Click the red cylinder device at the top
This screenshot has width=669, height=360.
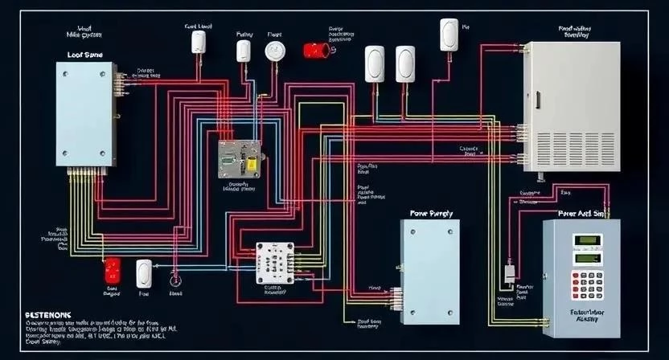(x=316, y=50)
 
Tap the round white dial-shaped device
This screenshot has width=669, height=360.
(x=275, y=51)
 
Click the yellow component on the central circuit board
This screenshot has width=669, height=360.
(x=251, y=163)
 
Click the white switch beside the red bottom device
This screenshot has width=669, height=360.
(x=145, y=272)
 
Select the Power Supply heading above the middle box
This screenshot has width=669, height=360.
(x=432, y=214)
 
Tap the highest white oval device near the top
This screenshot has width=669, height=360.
(x=449, y=35)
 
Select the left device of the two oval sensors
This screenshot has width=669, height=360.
(x=376, y=63)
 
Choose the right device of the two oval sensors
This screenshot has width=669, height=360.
(x=406, y=63)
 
